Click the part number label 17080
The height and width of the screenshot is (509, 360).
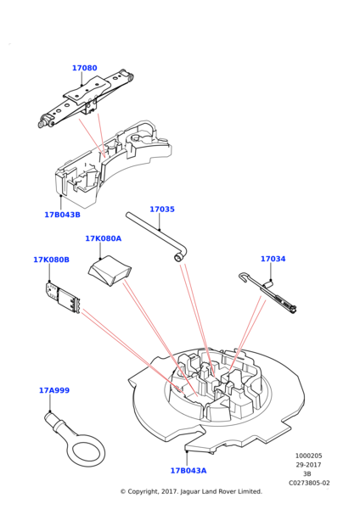coord(84,68)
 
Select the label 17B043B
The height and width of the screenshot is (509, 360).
coord(62,215)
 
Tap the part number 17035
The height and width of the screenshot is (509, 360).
coord(162,209)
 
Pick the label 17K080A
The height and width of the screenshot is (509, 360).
coord(104,238)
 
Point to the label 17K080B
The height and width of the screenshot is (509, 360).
coord(51,260)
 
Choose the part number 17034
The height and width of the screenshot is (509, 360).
coord(273,259)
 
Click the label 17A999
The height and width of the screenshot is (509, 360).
coord(54,390)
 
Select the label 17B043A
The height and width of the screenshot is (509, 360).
coord(188,470)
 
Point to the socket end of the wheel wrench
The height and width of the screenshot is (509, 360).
coord(177,258)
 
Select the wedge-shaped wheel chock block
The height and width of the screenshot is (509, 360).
coord(110,271)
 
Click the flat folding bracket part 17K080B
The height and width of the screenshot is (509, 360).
coord(63,298)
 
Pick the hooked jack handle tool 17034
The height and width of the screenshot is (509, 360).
coord(267,293)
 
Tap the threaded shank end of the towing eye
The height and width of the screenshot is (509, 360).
coord(51,418)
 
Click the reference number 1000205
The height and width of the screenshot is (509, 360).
coord(308,456)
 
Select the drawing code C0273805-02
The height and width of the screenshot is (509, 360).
coord(309,483)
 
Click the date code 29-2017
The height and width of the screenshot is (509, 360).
coord(308,465)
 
